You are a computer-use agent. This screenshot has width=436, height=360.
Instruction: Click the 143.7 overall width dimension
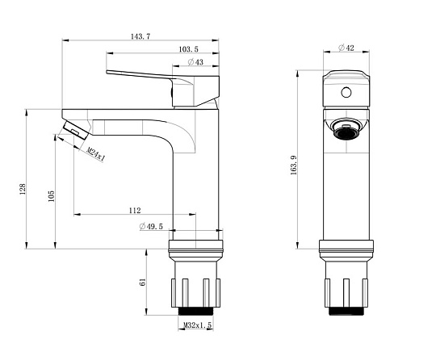click(140, 36)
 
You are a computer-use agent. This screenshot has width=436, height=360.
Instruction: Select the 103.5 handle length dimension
click(188, 49)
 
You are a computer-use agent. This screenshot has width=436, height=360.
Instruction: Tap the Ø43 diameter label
click(195, 62)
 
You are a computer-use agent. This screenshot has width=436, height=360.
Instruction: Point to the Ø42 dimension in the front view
click(346, 48)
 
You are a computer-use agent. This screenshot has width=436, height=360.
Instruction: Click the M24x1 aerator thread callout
click(96, 154)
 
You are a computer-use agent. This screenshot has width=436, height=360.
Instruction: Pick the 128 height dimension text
click(23, 189)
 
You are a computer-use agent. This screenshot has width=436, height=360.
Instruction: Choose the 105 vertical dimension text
click(51, 196)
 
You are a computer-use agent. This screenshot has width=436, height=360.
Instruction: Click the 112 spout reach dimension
click(135, 211)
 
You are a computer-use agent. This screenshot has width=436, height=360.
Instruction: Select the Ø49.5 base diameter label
click(151, 227)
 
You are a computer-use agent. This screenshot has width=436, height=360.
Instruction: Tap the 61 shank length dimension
click(142, 282)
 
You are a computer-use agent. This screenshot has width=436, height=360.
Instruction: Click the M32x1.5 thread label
click(198, 324)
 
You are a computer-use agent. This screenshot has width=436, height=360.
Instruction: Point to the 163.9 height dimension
click(294, 165)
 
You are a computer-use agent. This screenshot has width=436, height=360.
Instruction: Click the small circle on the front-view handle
click(346, 92)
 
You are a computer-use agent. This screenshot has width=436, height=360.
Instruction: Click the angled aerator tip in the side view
click(76, 130)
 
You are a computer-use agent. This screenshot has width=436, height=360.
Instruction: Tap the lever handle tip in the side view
click(108, 73)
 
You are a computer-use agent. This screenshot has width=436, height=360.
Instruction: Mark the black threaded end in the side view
click(195, 311)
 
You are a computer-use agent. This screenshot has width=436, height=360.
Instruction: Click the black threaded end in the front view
click(346, 311)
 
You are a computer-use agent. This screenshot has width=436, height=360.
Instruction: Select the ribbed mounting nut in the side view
click(195, 292)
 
